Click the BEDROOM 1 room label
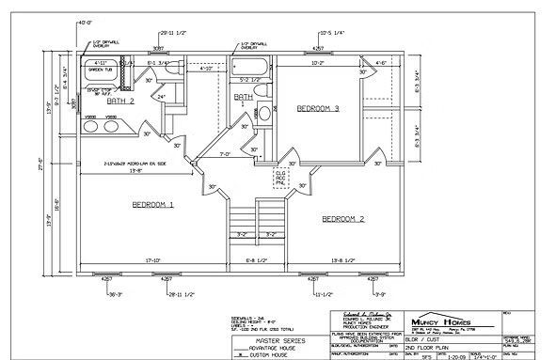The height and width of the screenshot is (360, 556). pyautogui.click(x=152, y=204)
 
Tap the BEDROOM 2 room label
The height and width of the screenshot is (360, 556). pyautogui.click(x=344, y=218)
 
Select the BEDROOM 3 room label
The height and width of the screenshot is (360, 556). pyautogui.click(x=318, y=109)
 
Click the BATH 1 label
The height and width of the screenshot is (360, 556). pyautogui.click(x=244, y=100)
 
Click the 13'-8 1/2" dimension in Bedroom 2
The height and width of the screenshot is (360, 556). pyautogui.click(x=345, y=260)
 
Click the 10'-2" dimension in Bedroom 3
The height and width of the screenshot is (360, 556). pyautogui.click(x=317, y=65)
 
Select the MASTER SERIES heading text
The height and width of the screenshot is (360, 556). pyautogui.click(x=261, y=337)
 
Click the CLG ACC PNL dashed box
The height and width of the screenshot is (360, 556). pyautogui.click(x=280, y=177)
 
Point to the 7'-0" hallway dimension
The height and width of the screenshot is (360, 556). pyautogui.click(x=226, y=153)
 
